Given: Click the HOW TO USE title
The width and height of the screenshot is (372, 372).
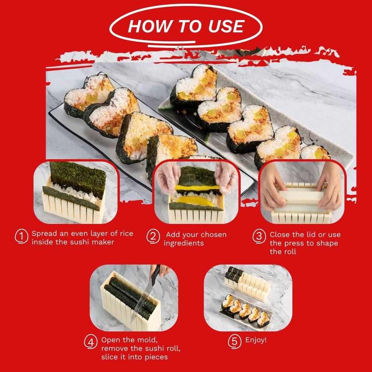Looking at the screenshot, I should pos(186,26).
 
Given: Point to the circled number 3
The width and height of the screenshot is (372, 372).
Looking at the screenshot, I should pos(259,237).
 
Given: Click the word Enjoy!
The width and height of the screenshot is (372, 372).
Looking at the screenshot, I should pos(256,340).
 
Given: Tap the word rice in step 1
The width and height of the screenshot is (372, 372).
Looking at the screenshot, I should pos(125,234).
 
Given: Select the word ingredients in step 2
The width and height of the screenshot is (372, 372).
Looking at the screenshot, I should pos(184,243).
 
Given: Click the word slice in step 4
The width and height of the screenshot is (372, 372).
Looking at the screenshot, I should pos(110,357).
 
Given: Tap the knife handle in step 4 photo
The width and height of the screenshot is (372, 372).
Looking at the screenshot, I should pos(155,273).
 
